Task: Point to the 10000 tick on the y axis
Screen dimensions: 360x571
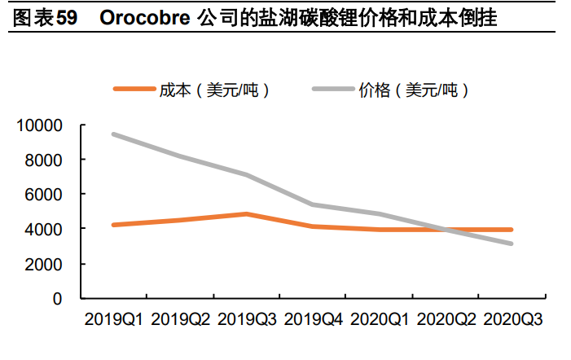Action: tap(40, 125)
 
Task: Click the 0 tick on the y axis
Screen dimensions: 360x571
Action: tap(57, 299)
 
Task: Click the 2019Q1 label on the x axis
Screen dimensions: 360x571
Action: tap(114, 319)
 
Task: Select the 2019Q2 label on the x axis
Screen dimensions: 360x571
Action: tap(181, 319)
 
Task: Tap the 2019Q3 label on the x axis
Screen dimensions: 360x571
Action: tap(247, 319)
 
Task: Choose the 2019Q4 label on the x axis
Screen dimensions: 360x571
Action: tap(314, 319)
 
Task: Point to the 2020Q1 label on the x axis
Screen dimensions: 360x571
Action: tap(380, 319)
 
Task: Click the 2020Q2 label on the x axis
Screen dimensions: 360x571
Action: tap(446, 319)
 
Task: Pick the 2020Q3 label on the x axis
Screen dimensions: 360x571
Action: tap(512, 319)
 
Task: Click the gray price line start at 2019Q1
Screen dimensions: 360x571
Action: tap(114, 134)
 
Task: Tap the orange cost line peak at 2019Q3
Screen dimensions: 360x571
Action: tap(247, 214)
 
